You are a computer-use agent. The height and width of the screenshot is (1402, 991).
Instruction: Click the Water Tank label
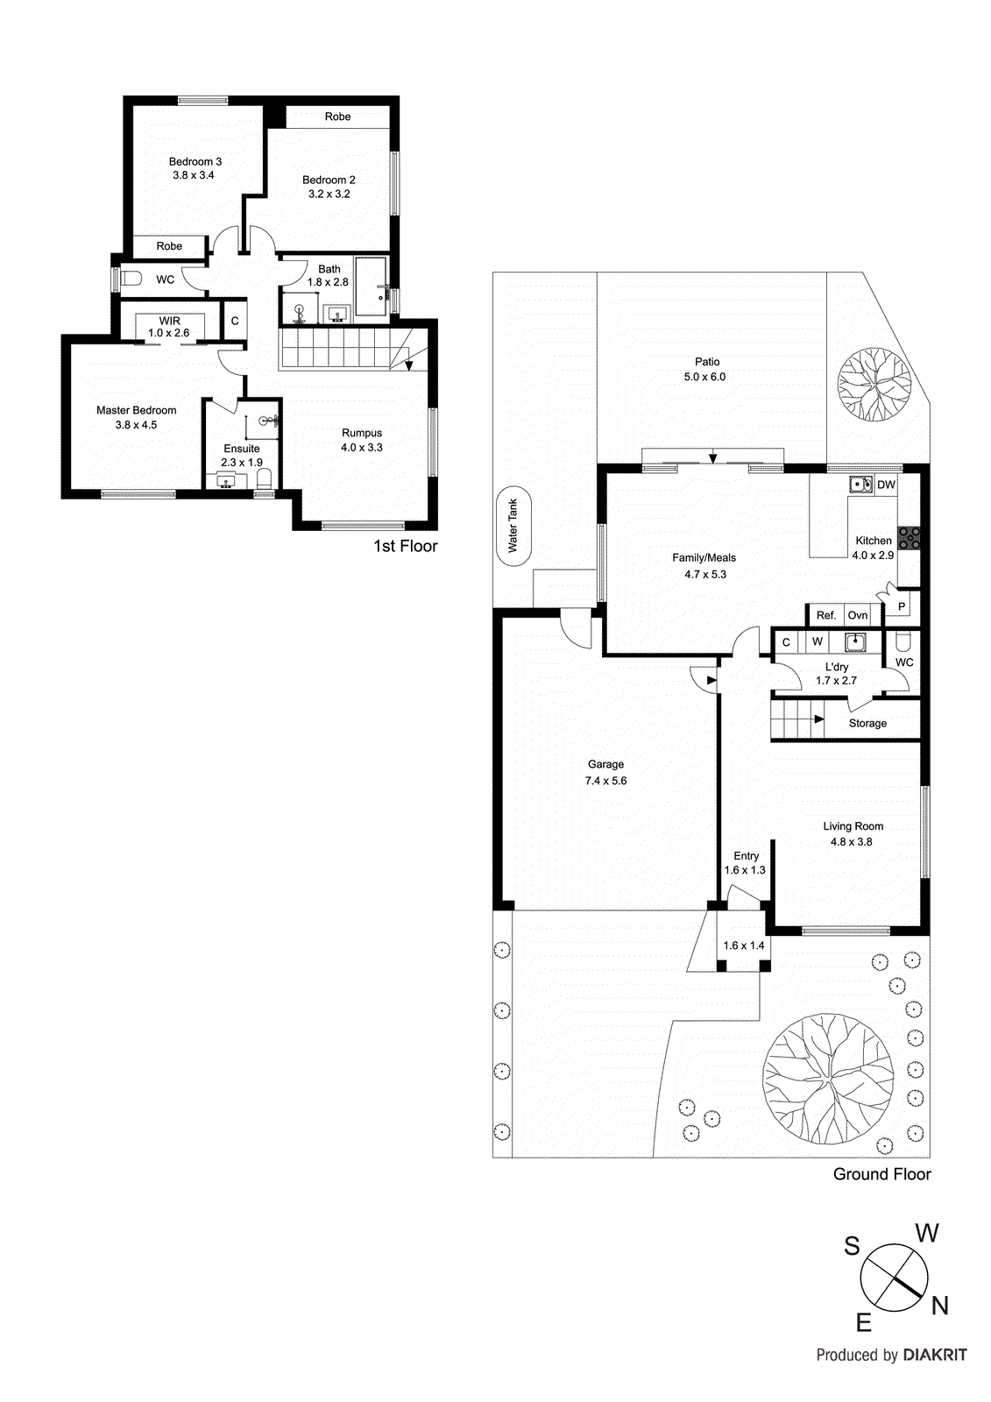click(513, 526)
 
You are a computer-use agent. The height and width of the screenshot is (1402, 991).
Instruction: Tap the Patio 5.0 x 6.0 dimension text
click(704, 377)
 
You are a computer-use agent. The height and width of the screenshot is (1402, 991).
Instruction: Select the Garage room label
click(605, 764)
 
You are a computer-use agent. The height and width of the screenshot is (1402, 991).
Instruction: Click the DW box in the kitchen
click(886, 485)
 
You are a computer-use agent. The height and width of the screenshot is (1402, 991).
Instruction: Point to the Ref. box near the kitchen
click(825, 615)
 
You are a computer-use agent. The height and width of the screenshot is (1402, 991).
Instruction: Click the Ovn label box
click(858, 615)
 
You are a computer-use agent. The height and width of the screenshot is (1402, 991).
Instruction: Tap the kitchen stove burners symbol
click(908, 537)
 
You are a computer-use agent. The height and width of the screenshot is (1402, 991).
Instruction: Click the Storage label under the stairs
click(867, 723)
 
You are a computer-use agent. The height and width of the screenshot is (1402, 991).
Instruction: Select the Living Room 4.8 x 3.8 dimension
click(851, 841)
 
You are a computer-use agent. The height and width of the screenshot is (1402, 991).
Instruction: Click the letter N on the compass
click(940, 1306)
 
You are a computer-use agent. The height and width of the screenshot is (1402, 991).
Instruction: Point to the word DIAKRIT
click(935, 1355)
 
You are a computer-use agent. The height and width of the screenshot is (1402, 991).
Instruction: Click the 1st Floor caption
click(405, 546)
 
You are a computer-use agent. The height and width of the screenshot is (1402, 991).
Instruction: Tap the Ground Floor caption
click(881, 1174)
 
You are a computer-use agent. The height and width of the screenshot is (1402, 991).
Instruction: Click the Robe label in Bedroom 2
click(337, 117)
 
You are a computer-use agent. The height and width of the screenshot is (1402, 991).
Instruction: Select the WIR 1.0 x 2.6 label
click(169, 327)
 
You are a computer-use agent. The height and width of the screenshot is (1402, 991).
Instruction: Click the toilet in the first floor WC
click(131, 280)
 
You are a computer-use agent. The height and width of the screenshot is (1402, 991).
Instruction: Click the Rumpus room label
click(362, 433)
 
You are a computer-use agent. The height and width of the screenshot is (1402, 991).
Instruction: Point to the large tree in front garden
click(827, 1079)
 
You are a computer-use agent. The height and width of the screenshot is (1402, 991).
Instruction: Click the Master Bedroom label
click(136, 410)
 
